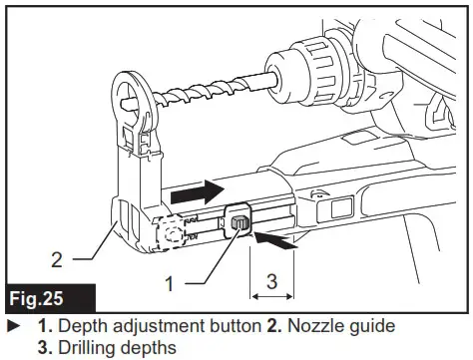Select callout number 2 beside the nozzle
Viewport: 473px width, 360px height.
58,259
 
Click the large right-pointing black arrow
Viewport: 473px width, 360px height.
200,186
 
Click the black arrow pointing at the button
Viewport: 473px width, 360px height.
278,238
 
